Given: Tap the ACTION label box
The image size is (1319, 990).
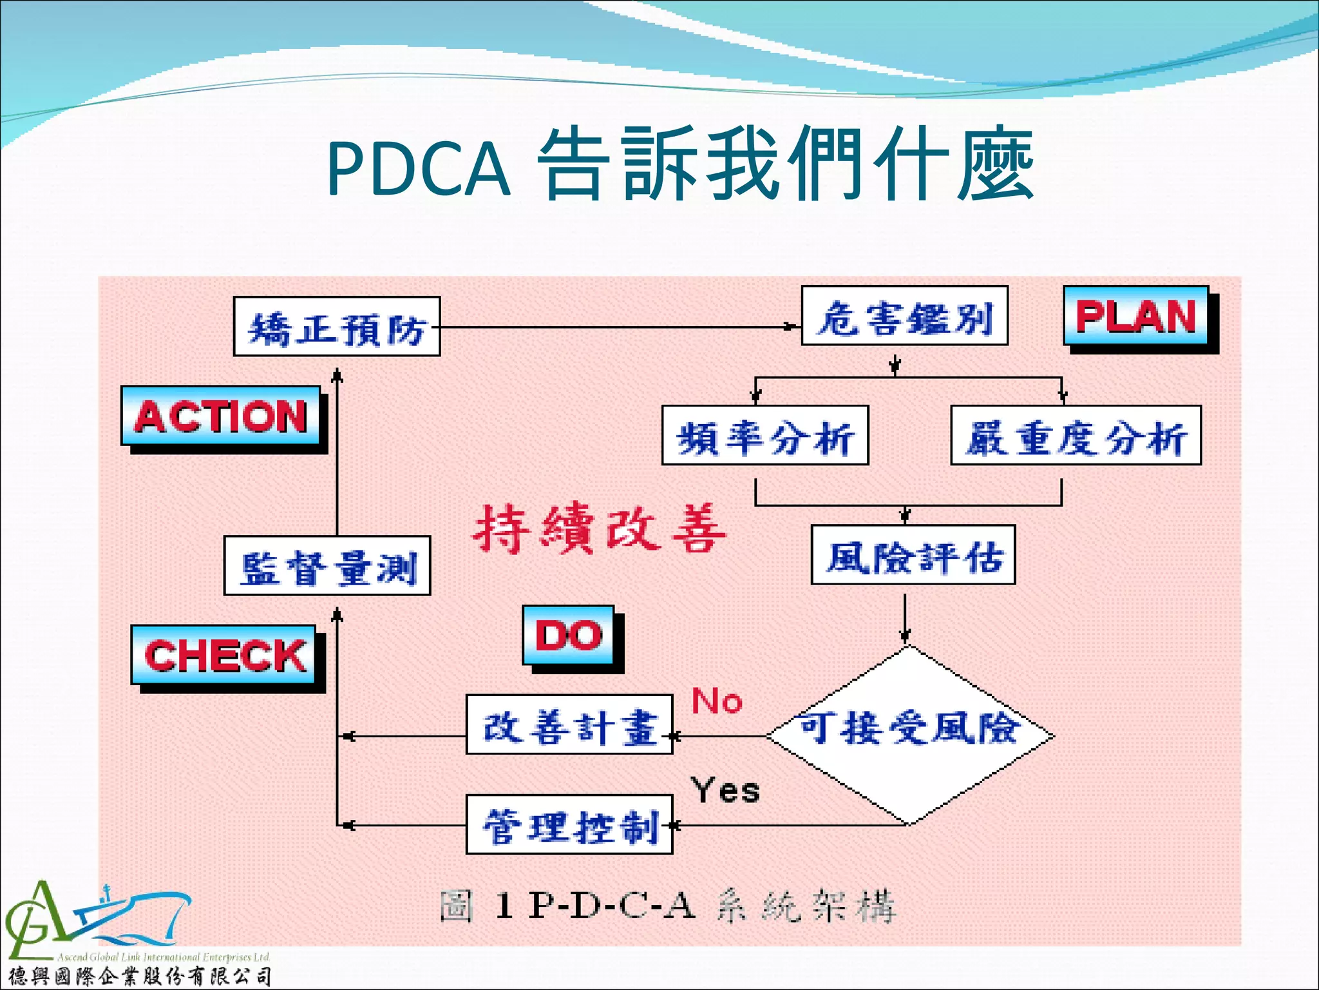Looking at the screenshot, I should (x=221, y=416).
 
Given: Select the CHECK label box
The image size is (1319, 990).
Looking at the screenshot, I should (x=224, y=655).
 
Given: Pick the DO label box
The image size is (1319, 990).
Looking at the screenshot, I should (x=569, y=636).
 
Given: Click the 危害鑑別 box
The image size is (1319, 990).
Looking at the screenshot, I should (x=904, y=316).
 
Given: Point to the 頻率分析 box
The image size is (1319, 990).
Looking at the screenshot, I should (x=765, y=436).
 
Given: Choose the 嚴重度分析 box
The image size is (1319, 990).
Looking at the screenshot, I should (x=1076, y=436).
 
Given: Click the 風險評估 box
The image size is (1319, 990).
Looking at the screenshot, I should (x=913, y=555).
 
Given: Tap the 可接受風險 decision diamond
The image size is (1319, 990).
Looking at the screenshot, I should (x=909, y=735).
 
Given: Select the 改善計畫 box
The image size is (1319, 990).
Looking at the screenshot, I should (x=569, y=724).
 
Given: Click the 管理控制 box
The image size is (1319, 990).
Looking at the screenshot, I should (x=569, y=824).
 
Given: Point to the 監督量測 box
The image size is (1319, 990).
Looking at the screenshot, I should (x=327, y=566).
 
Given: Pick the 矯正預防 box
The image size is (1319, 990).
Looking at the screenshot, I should (x=337, y=327).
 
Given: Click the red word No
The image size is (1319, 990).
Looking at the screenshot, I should (x=717, y=701).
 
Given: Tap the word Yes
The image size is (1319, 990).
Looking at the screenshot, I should (x=725, y=790).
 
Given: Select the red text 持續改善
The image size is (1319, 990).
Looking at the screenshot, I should (x=599, y=529).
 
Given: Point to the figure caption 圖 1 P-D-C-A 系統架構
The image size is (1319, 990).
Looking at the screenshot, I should (x=667, y=906).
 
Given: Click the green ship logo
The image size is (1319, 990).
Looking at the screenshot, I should (x=97, y=918).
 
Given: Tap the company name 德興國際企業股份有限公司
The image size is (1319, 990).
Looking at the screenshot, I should (x=139, y=976).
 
